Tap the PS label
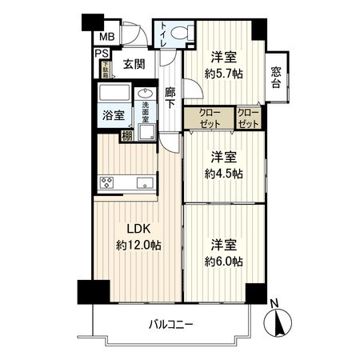pos(102,54)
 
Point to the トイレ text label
pos(165,34)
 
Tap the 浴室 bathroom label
pos(112,114)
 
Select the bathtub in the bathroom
pos(113,93)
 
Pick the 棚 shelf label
pos(126,136)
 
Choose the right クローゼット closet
pos(248,118)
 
